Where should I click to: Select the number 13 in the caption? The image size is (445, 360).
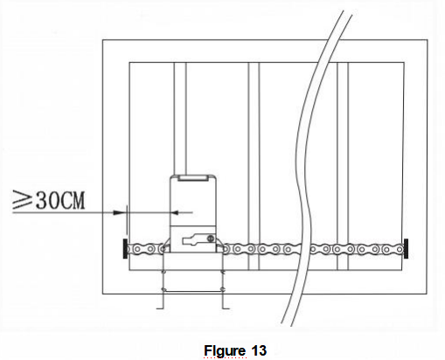click(254, 350)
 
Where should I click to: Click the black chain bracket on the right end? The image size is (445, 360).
click(407, 248)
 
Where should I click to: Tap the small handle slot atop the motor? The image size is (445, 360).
click(192, 179)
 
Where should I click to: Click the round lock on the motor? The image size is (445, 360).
click(210, 237)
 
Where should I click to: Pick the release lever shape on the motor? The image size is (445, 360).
click(194, 239)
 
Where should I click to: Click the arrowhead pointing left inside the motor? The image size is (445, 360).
click(174, 211)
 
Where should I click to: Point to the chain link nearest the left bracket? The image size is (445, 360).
click(138, 250)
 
